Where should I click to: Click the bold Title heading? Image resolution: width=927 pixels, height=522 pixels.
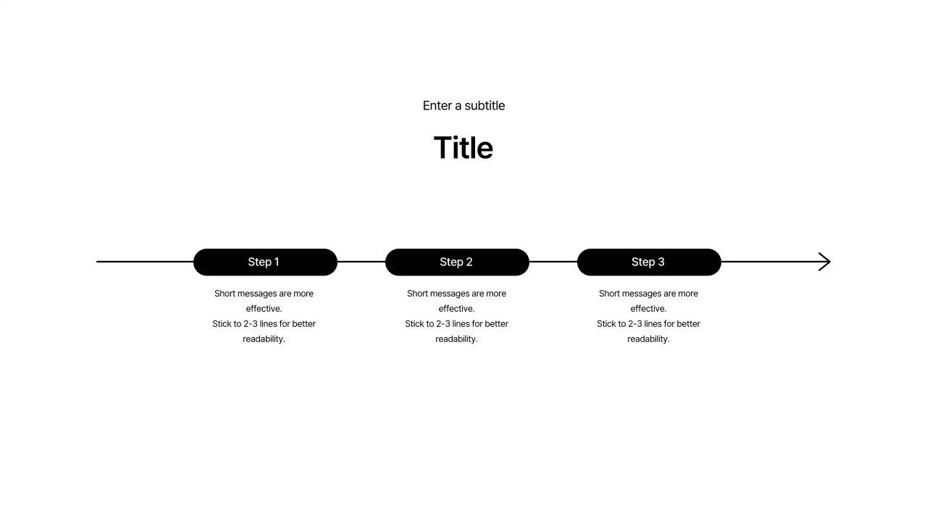463,147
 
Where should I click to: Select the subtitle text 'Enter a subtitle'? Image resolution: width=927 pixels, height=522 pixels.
463,106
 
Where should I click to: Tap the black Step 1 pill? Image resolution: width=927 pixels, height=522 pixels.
265,262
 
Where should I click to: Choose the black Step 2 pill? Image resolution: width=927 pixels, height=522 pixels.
457,262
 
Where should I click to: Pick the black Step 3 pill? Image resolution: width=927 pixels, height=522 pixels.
649,262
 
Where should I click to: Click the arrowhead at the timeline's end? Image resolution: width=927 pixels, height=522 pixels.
825,262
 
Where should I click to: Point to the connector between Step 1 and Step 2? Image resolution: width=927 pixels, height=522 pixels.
361,262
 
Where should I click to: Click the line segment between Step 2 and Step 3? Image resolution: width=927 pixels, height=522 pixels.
553,262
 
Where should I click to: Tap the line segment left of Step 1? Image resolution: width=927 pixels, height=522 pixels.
145,262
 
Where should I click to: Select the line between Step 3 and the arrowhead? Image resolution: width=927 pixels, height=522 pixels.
775,262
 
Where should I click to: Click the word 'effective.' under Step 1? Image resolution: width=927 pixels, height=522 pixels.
264,309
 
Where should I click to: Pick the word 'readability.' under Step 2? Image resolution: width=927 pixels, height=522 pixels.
456,339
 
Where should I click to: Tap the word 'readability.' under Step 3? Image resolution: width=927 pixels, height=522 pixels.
648,339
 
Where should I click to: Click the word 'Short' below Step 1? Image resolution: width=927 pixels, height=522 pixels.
225,294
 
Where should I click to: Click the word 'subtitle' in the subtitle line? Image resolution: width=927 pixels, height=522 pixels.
485,106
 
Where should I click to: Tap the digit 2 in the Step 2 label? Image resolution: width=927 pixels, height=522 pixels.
469,262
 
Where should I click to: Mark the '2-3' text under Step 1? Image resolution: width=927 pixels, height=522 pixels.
251,323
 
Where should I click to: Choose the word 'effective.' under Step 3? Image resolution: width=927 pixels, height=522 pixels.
648,309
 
